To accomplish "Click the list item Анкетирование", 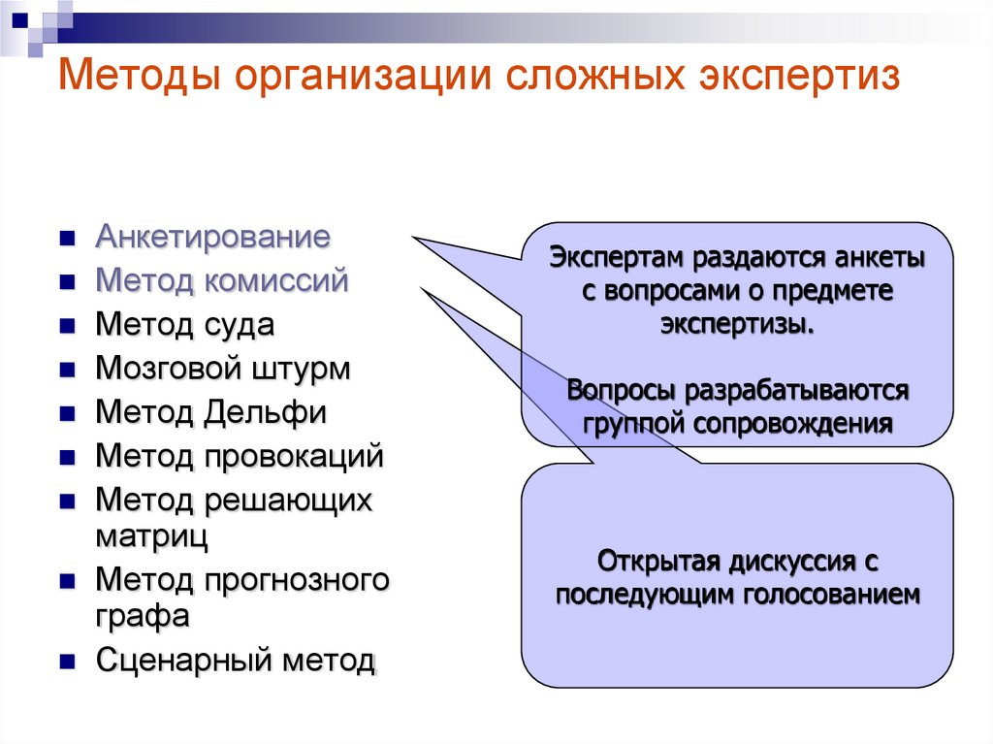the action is coord(212,237).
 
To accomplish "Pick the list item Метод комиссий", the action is coord(221,281).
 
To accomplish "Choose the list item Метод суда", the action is coord(184,325).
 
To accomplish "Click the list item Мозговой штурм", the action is coord(223,369).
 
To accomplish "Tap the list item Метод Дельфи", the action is coord(210,412).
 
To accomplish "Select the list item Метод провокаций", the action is coord(240,456).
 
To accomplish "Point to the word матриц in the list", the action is coord(150,533).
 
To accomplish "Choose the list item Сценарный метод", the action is coord(235,661).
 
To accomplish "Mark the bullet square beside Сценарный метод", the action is coord(67,663).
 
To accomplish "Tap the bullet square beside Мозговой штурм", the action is coord(67,371).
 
